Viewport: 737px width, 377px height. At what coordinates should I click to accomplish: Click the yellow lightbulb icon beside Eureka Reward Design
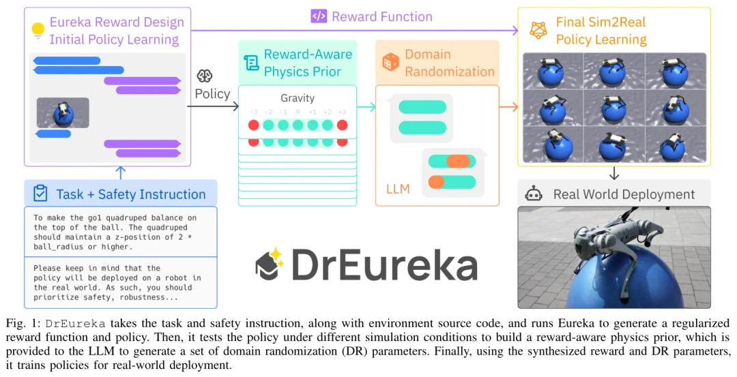[x=38, y=29]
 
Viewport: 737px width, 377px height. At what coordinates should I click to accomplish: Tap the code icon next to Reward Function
[x=318, y=16]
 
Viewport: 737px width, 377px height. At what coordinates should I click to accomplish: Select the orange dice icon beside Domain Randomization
[x=390, y=63]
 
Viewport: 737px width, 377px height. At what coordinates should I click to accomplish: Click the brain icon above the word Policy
[x=204, y=76]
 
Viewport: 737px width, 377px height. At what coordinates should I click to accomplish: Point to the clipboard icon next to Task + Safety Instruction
[x=40, y=194]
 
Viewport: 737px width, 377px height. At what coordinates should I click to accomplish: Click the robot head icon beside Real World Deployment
[x=534, y=194]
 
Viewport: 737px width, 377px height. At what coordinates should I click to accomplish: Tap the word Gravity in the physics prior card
[x=298, y=98]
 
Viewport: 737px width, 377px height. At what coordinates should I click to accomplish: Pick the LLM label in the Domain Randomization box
[x=398, y=189]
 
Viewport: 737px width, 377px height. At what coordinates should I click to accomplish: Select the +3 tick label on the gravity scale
[x=342, y=112]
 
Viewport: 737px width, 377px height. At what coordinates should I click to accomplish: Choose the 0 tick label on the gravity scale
[x=298, y=112]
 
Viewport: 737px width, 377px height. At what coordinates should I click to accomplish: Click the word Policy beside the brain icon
[x=212, y=93]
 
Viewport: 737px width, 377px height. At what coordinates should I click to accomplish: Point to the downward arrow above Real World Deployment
[x=614, y=172]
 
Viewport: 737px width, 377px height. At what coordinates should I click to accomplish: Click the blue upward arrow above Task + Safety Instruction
[x=121, y=172]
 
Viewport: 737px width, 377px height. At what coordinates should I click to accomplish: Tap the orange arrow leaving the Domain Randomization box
[x=508, y=106]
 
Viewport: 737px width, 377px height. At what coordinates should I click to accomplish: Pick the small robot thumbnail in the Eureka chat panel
[x=63, y=113]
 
